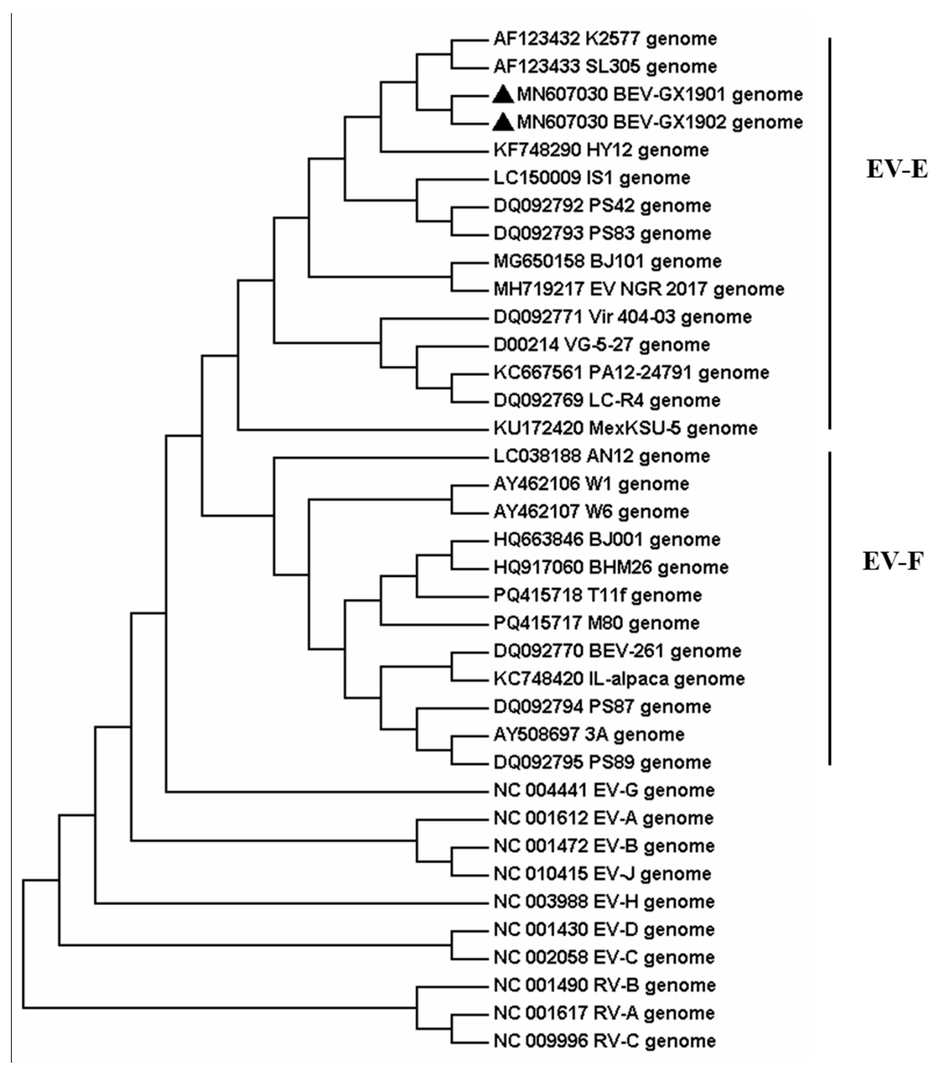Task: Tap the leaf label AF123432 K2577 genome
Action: [x=605, y=39]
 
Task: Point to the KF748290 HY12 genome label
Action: [x=601, y=150]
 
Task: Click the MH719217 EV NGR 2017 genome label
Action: [x=638, y=289]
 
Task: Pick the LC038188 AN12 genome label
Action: [x=601, y=456]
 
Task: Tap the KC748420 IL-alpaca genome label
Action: [x=619, y=679]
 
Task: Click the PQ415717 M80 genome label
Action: [x=596, y=623]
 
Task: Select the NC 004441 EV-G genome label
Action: [x=604, y=790]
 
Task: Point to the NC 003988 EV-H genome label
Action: [x=604, y=901]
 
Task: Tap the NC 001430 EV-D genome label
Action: [x=604, y=929]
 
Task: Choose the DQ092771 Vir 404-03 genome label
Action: [x=622, y=317]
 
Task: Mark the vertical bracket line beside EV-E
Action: [x=830, y=233]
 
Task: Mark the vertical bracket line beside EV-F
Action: [x=830, y=609]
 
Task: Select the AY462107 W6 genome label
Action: [x=591, y=512]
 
